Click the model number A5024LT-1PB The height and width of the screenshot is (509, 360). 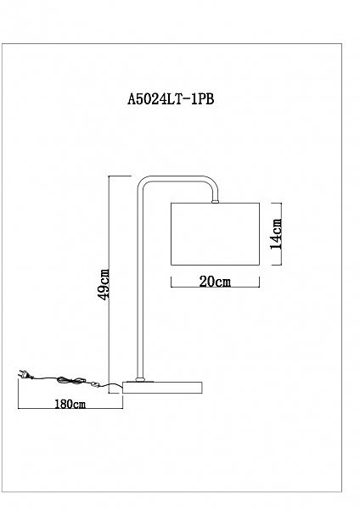coord(171,99)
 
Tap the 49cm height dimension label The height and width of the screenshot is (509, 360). coord(104,284)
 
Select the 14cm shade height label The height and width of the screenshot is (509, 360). coord(277,234)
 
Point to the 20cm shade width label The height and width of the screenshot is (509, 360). coord(215,282)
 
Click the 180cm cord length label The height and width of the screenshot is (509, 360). coord(70,404)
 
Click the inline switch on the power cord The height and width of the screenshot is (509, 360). coord(95,384)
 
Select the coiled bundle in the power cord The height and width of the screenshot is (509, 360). coord(71,380)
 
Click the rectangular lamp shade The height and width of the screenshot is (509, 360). coord(215,234)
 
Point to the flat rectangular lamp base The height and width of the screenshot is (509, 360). coord(162,388)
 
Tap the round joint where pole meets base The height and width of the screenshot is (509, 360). coord(140,379)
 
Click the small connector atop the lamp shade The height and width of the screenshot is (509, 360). coord(215,202)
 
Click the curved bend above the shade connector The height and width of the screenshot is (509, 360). coord(212,184)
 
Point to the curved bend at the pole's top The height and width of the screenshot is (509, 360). coord(142,182)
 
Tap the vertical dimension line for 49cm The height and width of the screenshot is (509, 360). coord(109,285)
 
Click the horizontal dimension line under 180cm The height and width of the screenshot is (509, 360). coord(70,408)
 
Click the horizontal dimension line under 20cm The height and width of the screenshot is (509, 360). coord(215,287)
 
